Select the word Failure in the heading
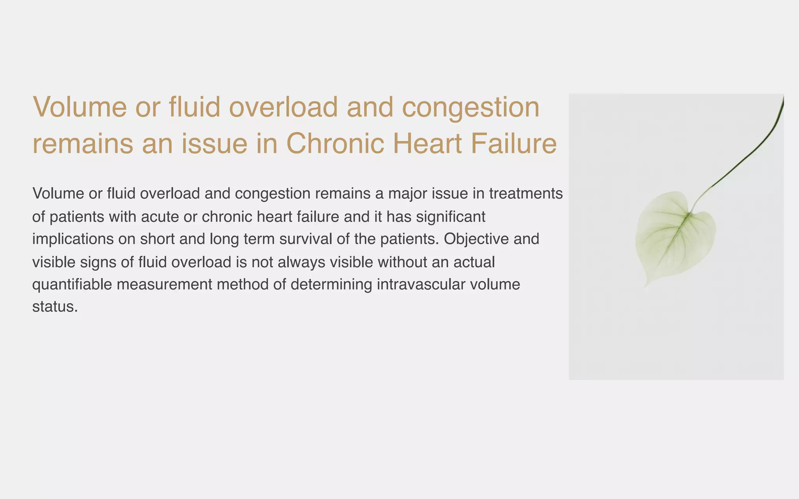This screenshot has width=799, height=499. point(514,143)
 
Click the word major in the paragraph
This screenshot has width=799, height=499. point(411,194)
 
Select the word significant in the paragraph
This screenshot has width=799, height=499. point(451,217)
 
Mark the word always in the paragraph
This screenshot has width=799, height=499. point(301,262)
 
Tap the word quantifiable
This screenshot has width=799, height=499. point(72,285)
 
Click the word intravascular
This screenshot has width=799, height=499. point(421,285)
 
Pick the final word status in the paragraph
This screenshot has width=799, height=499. point(55,307)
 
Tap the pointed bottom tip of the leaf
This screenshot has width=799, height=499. point(646,287)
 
